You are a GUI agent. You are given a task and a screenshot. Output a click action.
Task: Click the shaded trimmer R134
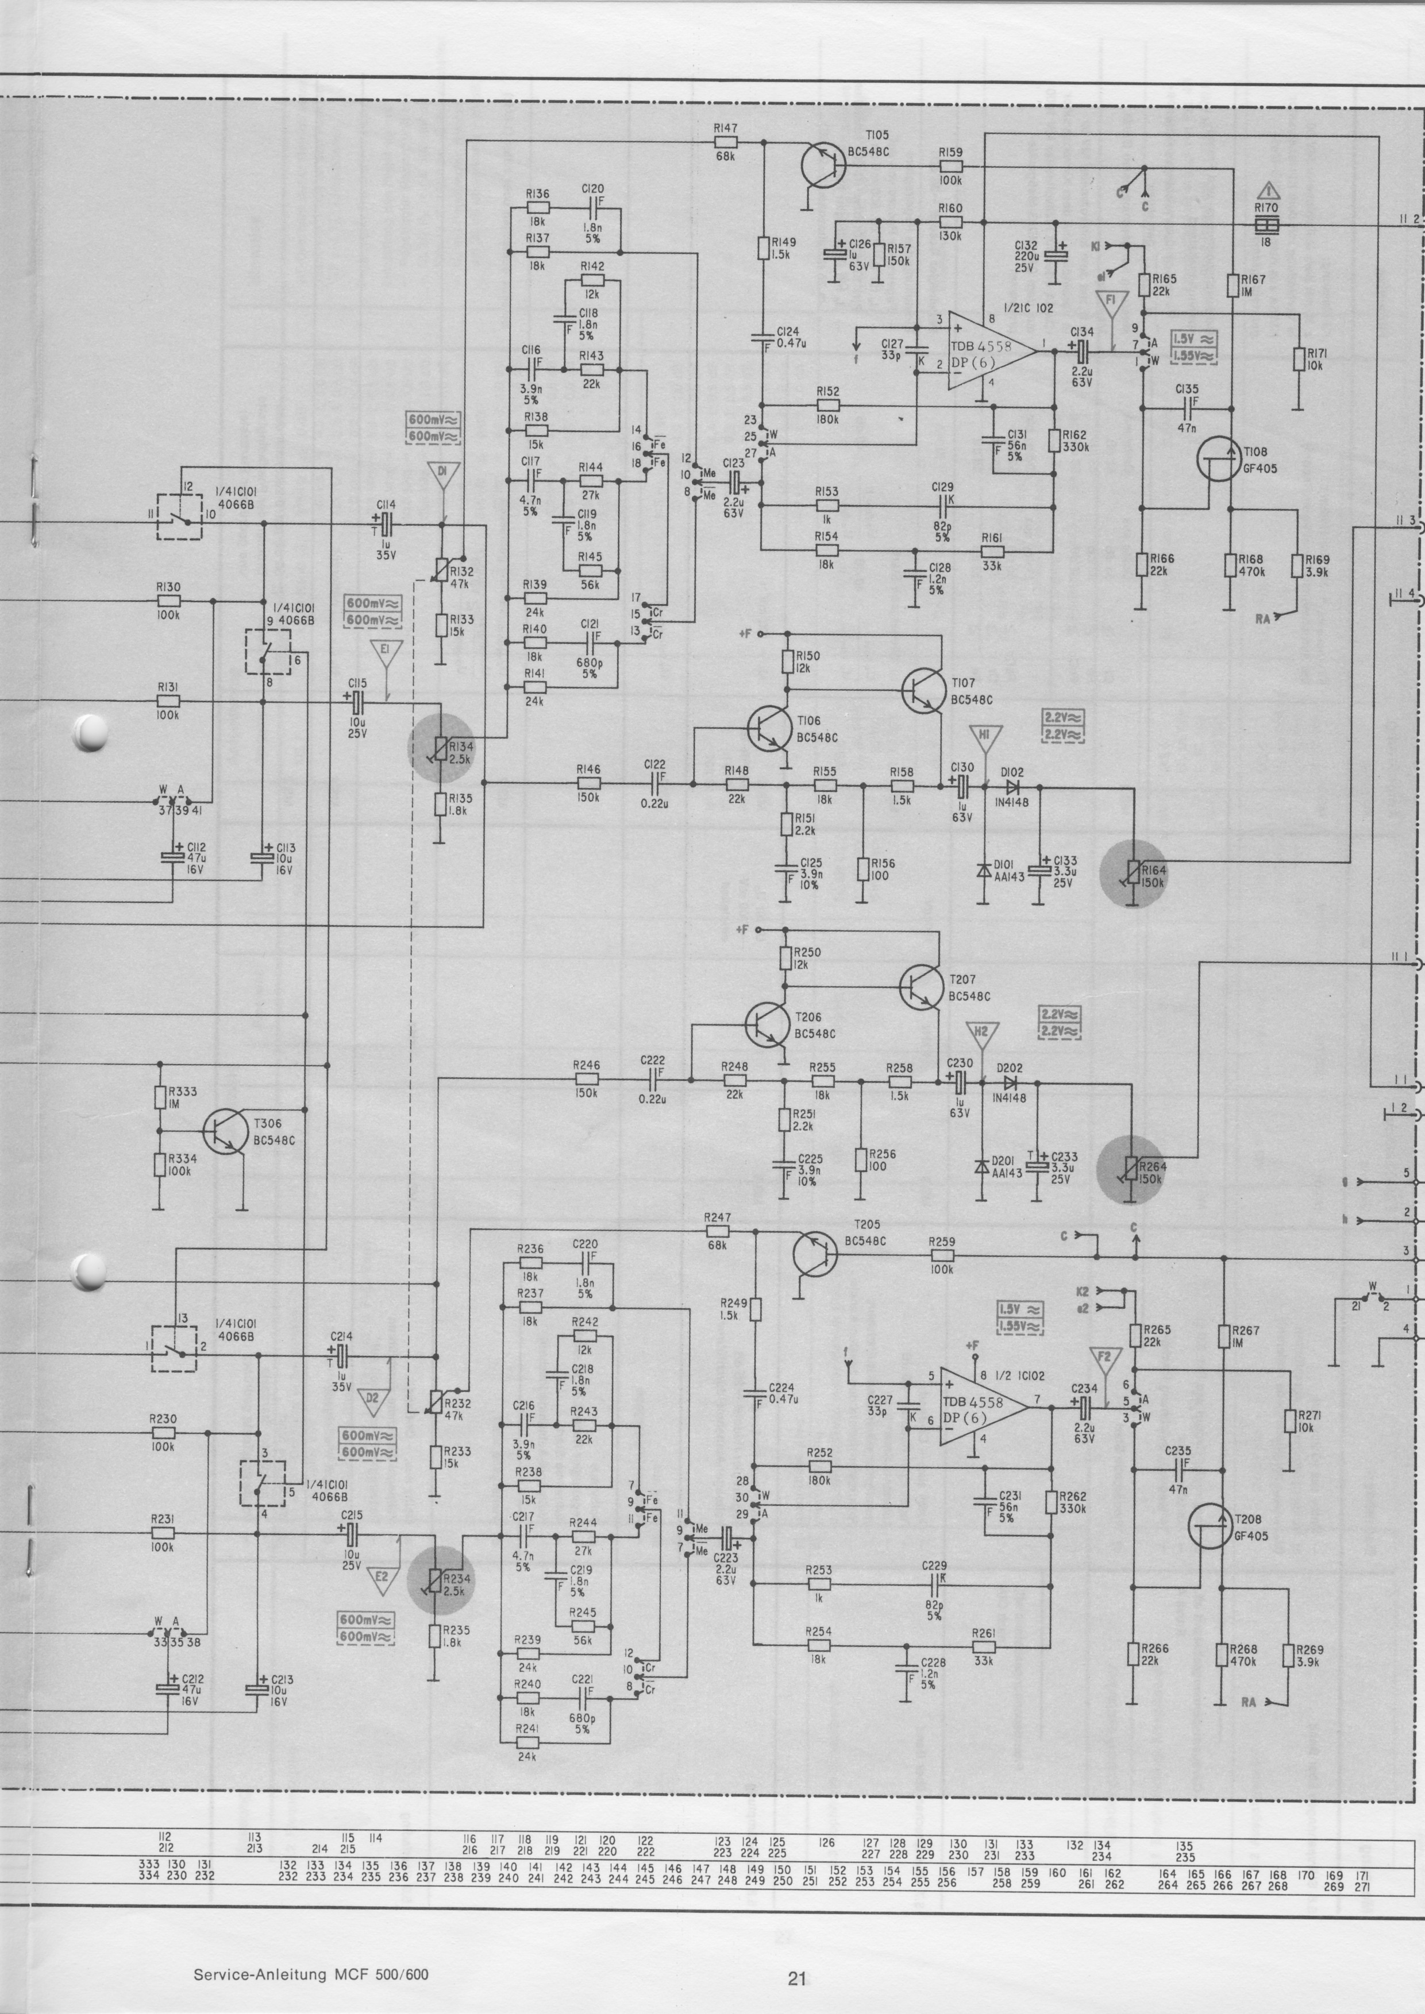[x=443, y=747]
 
